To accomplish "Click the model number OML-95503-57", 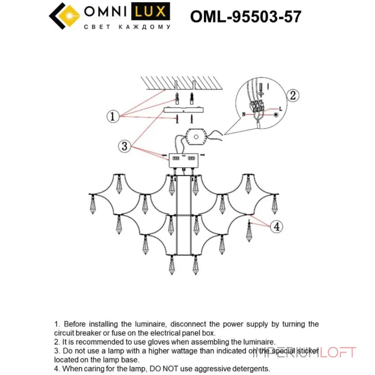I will (246, 17).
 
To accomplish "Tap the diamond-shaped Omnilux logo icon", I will (65, 16).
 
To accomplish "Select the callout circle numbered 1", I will (112, 116).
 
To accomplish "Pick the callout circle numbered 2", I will (292, 96).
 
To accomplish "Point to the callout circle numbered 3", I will (124, 146).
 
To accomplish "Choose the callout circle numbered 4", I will (277, 227).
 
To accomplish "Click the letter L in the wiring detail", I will (280, 109).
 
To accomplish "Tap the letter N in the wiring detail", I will (243, 114).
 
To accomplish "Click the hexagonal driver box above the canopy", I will (197, 137).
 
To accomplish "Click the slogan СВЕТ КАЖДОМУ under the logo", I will (127, 28).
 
